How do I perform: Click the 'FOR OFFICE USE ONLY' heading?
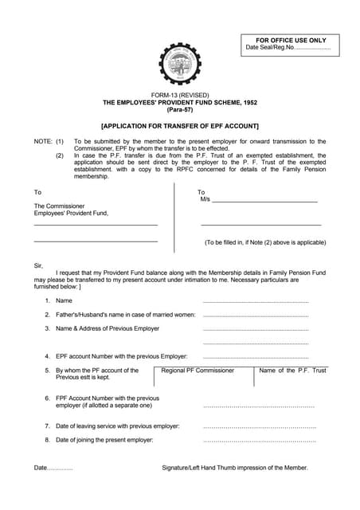291,40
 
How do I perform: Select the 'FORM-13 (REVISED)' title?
180,95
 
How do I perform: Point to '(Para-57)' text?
180,110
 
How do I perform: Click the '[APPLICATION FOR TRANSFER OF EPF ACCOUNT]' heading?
180,126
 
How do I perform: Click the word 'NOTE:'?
42,140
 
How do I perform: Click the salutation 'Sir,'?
38,265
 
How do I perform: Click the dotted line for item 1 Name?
256,301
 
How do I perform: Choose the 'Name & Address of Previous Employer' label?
108,328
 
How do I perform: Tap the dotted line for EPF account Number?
256,357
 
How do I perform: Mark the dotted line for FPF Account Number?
259,406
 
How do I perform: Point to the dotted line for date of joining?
260,441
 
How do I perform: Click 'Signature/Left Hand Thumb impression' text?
235,468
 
